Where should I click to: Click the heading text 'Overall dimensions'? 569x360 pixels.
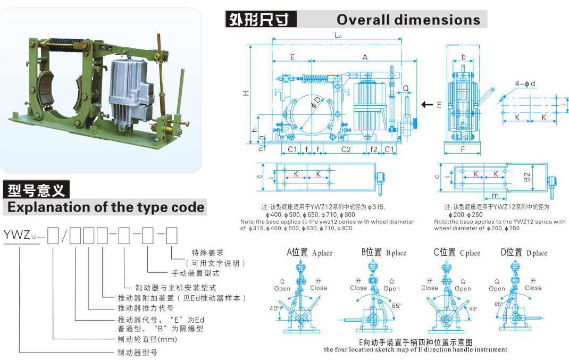tap(408, 20)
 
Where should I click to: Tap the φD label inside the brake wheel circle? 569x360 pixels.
tap(316, 102)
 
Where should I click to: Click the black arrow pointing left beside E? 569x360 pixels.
tap(426, 105)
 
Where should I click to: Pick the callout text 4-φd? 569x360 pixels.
tap(525, 83)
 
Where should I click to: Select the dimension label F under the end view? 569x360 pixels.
tap(463, 150)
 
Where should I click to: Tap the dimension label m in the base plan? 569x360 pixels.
tap(495, 196)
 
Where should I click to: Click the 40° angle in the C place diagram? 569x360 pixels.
tap(473, 309)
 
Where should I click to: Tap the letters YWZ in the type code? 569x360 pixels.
tap(14, 234)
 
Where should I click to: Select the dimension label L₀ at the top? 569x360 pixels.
tap(338, 36)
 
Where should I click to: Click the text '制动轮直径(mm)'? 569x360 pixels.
tap(139, 339)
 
